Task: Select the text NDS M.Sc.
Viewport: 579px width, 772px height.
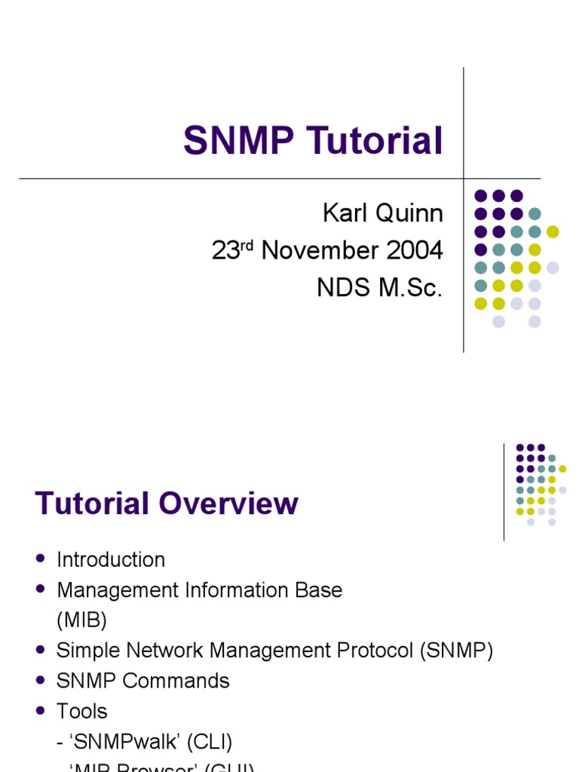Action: [379, 287]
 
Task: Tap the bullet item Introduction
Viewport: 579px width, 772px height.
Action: [111, 559]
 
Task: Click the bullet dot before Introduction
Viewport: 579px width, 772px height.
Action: [40, 559]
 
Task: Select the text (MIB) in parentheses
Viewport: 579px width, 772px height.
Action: [81, 620]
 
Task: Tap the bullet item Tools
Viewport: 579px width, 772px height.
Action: [82, 711]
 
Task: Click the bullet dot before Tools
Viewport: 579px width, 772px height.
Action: [40, 710]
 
